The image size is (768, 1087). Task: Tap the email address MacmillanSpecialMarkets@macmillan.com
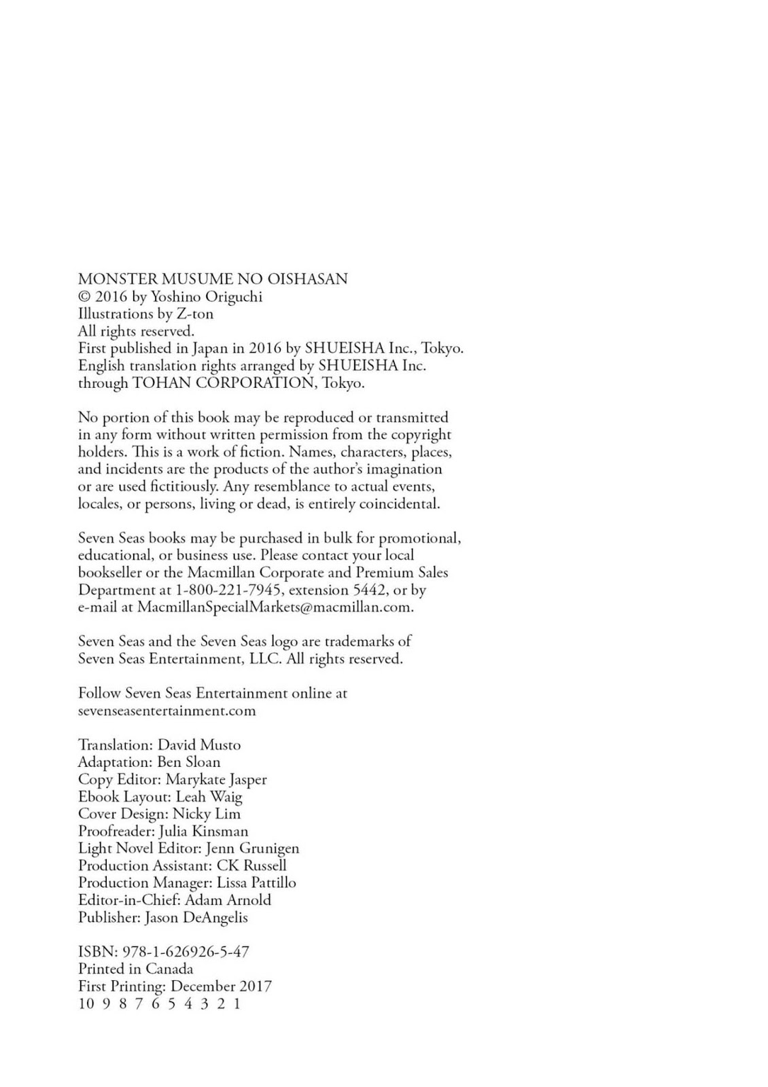click(x=275, y=607)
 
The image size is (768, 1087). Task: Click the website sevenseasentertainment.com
click(x=167, y=711)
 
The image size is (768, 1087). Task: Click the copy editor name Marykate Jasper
click(x=216, y=780)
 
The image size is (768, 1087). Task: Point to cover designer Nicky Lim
click(x=207, y=814)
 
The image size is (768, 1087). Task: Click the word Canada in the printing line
click(x=169, y=969)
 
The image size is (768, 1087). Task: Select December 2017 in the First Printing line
click(x=221, y=986)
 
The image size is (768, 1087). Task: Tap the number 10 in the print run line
click(x=86, y=1003)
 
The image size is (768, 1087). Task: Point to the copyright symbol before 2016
click(x=84, y=297)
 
